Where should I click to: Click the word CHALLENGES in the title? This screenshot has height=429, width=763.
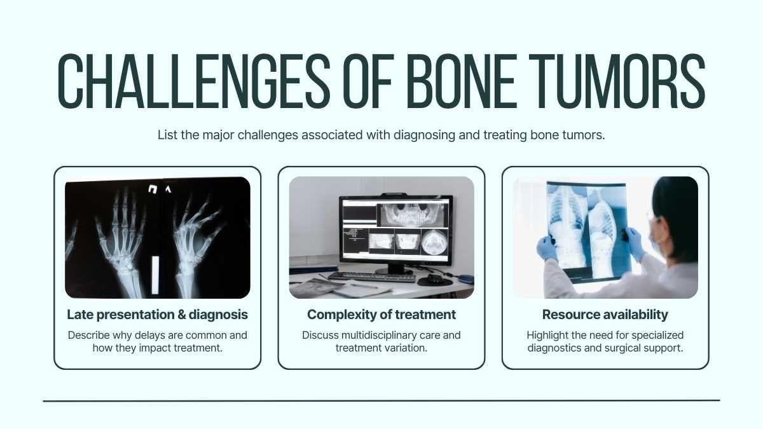tap(193, 81)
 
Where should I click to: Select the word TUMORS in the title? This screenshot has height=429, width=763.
tap(617, 81)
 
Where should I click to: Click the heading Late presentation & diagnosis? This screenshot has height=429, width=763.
tap(158, 315)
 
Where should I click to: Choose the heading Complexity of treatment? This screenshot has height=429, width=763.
tap(381, 315)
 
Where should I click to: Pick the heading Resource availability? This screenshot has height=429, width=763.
tap(605, 315)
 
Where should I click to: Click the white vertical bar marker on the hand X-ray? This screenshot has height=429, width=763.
tap(155, 275)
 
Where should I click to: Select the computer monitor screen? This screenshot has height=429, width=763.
tap(395, 230)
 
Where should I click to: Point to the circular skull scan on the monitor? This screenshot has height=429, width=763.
tap(434, 242)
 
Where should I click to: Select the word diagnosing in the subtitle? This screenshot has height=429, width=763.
tap(424, 135)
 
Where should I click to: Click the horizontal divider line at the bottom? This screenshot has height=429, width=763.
tap(381, 401)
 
